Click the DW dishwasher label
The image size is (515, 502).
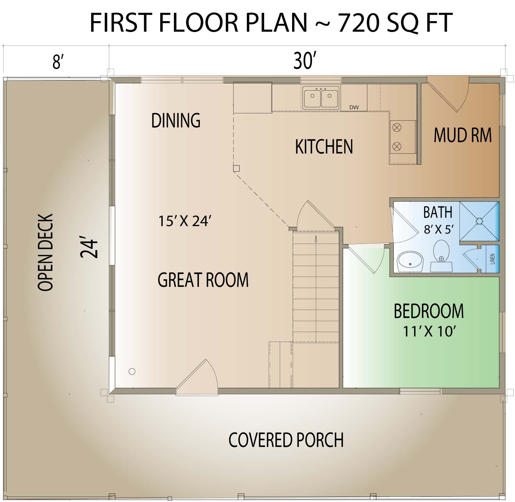(x=354, y=107)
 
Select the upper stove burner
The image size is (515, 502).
(x=397, y=127)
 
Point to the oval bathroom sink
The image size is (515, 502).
(x=410, y=262)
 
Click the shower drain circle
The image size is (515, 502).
(x=479, y=221)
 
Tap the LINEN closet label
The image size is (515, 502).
(x=493, y=259)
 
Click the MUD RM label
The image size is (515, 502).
(x=462, y=135)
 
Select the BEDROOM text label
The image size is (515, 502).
(x=429, y=311)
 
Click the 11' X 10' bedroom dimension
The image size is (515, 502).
(x=429, y=331)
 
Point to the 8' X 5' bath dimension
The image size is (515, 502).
(x=439, y=229)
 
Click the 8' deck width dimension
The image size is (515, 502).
(x=57, y=62)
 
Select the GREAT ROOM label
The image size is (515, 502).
(x=203, y=280)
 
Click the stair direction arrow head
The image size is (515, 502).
(x=316, y=238)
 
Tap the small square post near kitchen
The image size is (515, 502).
(x=236, y=168)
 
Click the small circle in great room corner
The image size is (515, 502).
(x=132, y=371)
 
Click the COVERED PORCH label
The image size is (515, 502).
(x=286, y=440)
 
